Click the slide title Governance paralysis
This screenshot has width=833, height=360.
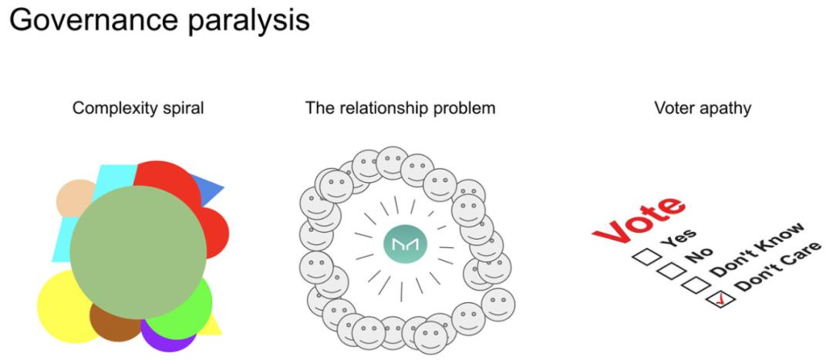tap(159, 20)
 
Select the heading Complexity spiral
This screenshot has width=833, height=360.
tap(138, 108)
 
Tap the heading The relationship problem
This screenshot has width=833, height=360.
tap(400, 108)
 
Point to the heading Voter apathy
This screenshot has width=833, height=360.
tap(702, 108)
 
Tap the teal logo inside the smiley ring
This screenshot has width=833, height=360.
tap(405, 246)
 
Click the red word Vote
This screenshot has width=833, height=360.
tap(639, 222)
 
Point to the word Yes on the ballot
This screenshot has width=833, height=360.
tap(680, 239)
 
